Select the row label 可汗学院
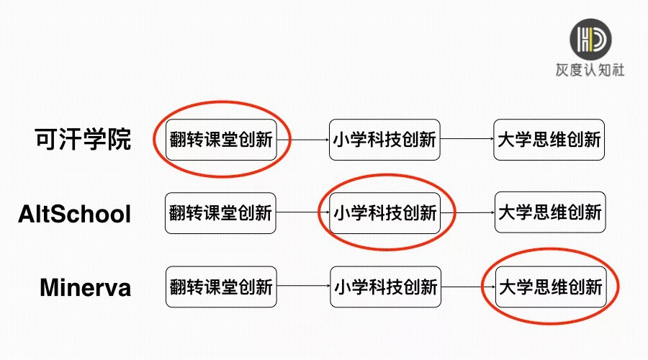click(83, 139)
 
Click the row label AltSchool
click(75, 214)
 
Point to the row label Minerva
click(85, 287)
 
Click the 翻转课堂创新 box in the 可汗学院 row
click(221, 140)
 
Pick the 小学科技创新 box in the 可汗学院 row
click(384, 140)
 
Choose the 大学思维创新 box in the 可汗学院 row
click(549, 140)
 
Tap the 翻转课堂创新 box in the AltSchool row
click(220, 213)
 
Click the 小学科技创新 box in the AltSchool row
click(384, 213)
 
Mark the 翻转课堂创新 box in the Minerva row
click(221, 287)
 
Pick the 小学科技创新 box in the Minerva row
click(385, 287)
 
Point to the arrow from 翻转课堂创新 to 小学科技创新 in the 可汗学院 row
click(302, 140)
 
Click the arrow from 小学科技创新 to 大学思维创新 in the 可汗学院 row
click(467, 140)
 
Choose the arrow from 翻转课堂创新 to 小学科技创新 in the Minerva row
click(303, 287)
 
